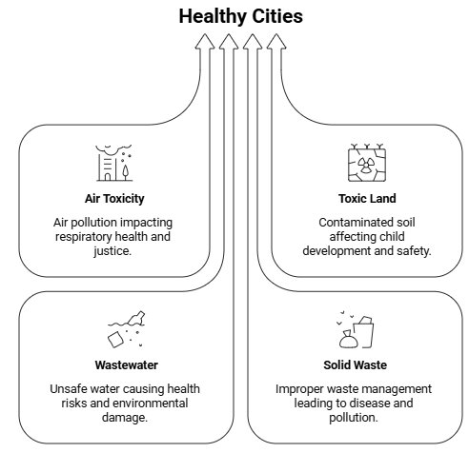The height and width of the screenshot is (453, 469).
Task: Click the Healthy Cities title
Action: [241, 16]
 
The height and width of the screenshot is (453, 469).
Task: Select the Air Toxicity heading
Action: [114, 199]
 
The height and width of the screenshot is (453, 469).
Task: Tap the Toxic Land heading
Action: [367, 199]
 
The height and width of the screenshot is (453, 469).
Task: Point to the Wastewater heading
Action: [126, 365]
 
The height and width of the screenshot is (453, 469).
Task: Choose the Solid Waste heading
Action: [356, 365]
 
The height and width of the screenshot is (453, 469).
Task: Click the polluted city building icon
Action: [114, 163]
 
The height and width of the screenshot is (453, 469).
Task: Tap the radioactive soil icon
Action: [367, 163]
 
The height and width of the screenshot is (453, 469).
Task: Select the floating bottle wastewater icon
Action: [126, 329]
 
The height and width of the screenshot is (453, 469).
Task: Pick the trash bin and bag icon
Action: [356, 329]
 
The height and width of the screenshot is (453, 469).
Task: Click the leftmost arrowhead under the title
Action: [205, 42]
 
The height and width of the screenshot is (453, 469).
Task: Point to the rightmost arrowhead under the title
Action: [276, 42]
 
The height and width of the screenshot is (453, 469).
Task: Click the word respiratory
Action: [83, 237]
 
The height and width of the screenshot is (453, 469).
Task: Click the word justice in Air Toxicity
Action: [112, 251]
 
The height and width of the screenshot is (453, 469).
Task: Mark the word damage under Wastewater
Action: [125, 418]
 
